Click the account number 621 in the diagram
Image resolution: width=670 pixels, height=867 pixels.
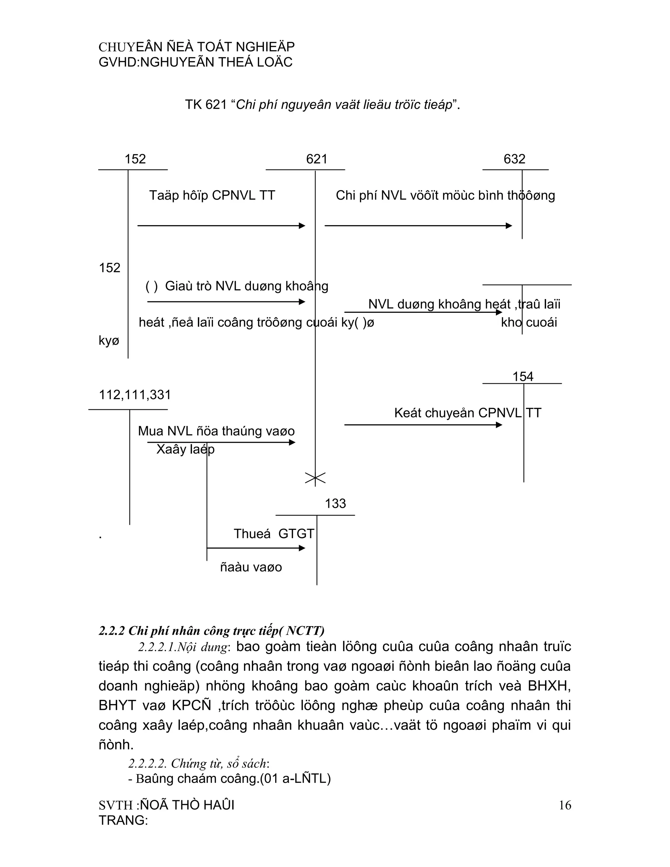(316, 159)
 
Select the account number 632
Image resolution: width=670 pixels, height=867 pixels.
(514, 159)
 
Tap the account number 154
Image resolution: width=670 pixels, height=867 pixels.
(523, 376)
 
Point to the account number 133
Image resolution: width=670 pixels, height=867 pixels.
(335, 504)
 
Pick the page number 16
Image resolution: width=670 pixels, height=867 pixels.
(565, 805)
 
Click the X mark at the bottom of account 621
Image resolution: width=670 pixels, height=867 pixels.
(315, 478)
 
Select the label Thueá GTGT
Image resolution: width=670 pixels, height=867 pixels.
(274, 534)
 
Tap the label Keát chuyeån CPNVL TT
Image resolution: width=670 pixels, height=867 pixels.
(467, 413)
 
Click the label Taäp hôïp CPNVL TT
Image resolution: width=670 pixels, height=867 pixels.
(212, 195)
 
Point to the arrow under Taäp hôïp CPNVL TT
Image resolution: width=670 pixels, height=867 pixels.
(221, 226)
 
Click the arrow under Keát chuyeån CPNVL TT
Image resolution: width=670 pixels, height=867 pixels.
(423, 425)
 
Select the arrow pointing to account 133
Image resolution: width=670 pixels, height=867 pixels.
(256, 548)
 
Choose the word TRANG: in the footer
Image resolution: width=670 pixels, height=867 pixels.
(123, 820)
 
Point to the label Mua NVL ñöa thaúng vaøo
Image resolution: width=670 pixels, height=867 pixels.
(216, 431)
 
